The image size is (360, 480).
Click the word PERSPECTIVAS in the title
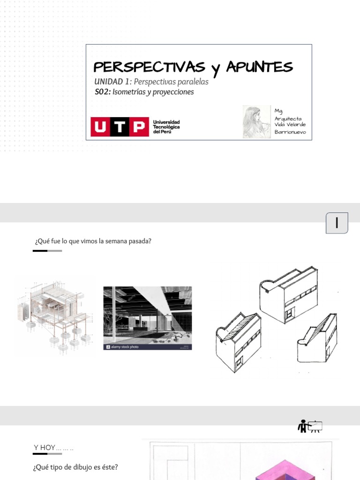149,67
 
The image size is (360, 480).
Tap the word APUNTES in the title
259,67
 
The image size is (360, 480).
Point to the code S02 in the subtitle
103,92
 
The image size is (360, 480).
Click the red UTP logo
120,127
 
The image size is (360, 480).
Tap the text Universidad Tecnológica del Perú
166,127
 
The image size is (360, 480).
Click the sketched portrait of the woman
256,121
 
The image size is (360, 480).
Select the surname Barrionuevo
290,132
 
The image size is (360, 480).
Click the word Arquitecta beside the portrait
288,119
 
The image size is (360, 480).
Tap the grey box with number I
337,223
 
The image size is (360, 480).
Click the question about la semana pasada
93,241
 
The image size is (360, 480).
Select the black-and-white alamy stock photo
147,315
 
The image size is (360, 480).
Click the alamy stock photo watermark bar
147,347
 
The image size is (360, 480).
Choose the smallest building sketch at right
317,339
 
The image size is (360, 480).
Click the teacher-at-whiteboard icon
310,426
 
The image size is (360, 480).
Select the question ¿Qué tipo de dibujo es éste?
75,467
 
